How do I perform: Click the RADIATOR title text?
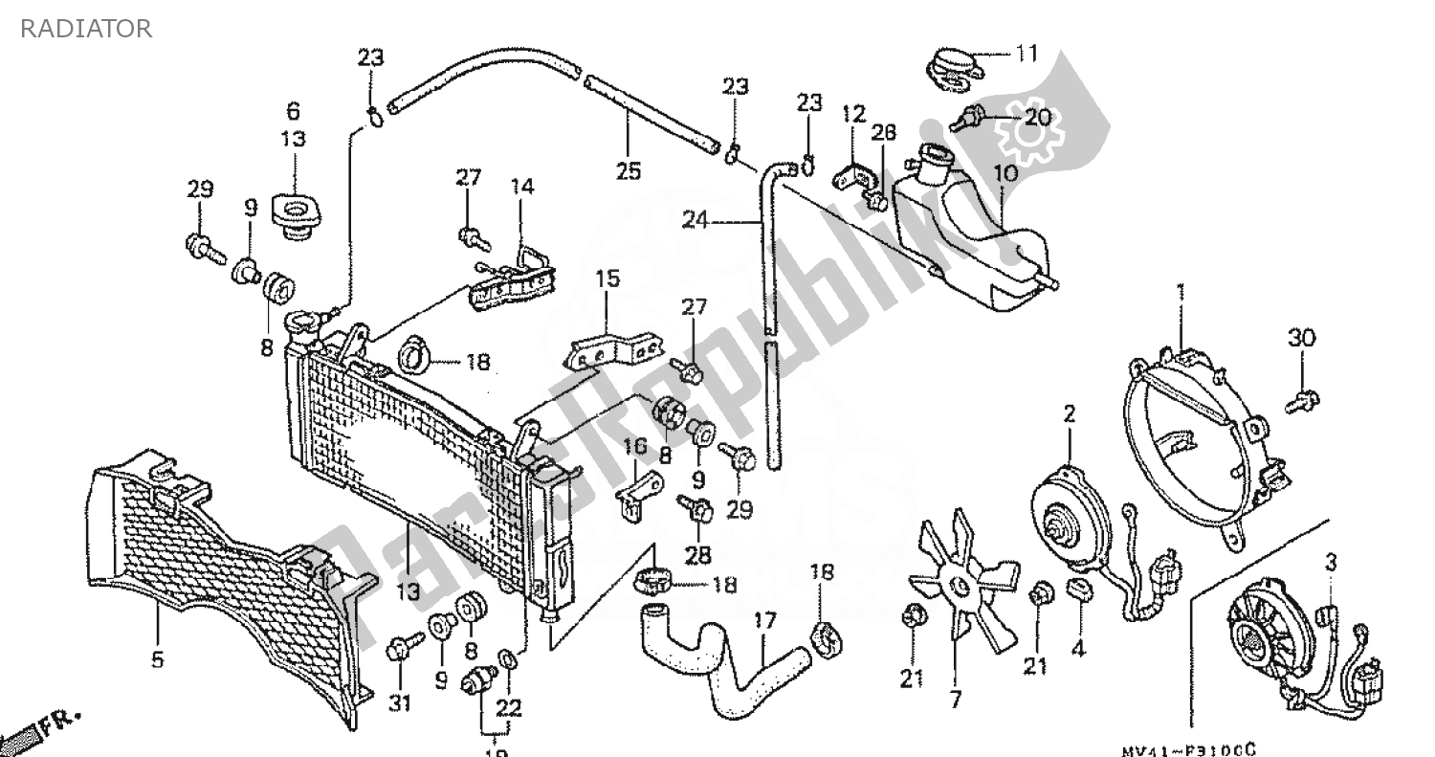point(86,29)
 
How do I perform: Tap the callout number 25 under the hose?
point(629,171)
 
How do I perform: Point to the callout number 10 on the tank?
point(1005,174)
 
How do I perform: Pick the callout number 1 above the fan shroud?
point(1181,291)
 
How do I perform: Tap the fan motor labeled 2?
point(1070,516)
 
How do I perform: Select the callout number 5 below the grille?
point(157,659)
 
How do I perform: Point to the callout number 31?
point(399,704)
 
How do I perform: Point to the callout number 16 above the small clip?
point(635,447)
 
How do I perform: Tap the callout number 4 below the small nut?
point(1078,648)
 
